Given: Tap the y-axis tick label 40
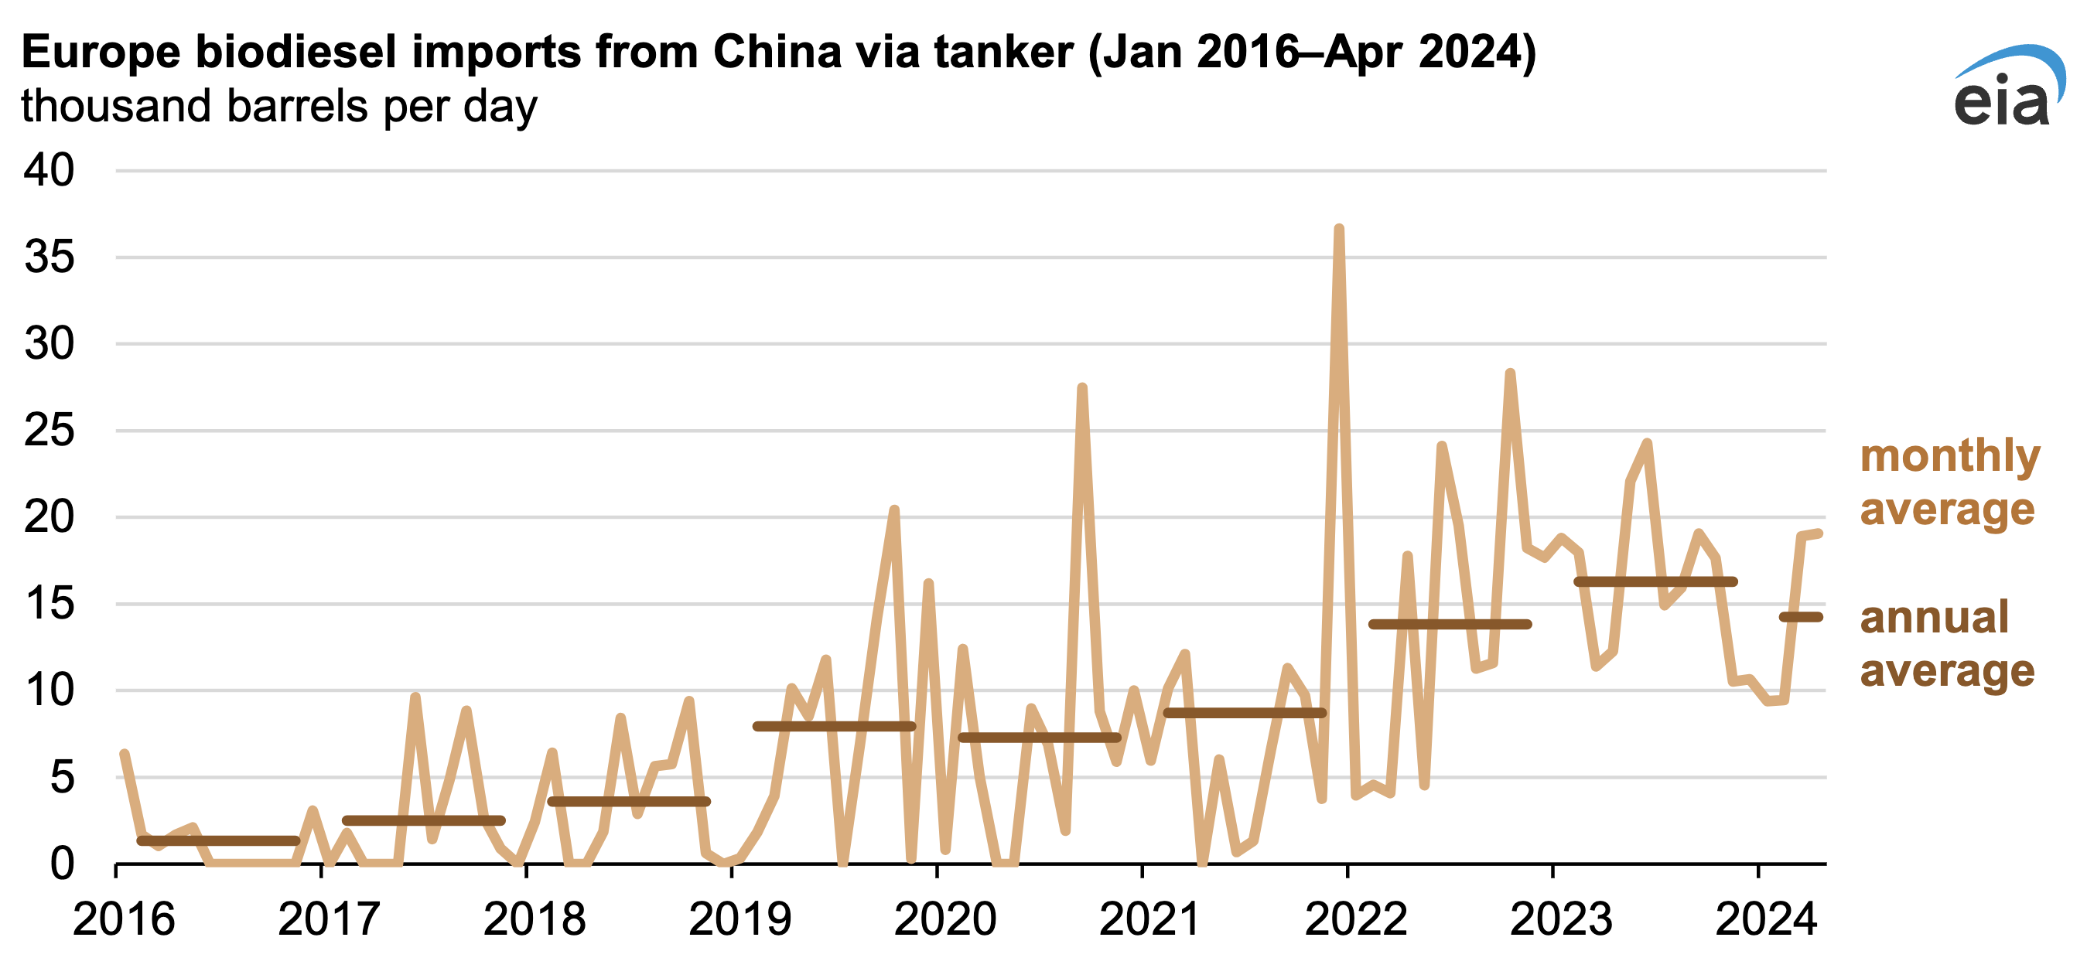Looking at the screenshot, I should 49,171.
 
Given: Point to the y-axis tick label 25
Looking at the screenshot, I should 49,431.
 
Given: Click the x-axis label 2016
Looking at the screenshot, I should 123,919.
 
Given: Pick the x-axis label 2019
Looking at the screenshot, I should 739,919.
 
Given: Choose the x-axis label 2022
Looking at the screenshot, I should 1354,919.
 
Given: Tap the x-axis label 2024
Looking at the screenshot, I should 1766,919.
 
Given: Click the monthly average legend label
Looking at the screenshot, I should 1949,482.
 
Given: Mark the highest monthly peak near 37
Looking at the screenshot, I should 1339,230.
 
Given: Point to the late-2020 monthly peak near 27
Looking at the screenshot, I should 1082,389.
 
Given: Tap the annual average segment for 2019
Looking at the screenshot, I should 835,727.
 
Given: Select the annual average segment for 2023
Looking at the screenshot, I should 1655,581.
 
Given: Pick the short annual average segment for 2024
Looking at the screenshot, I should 1800,617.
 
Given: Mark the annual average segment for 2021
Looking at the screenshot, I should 1245,713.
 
